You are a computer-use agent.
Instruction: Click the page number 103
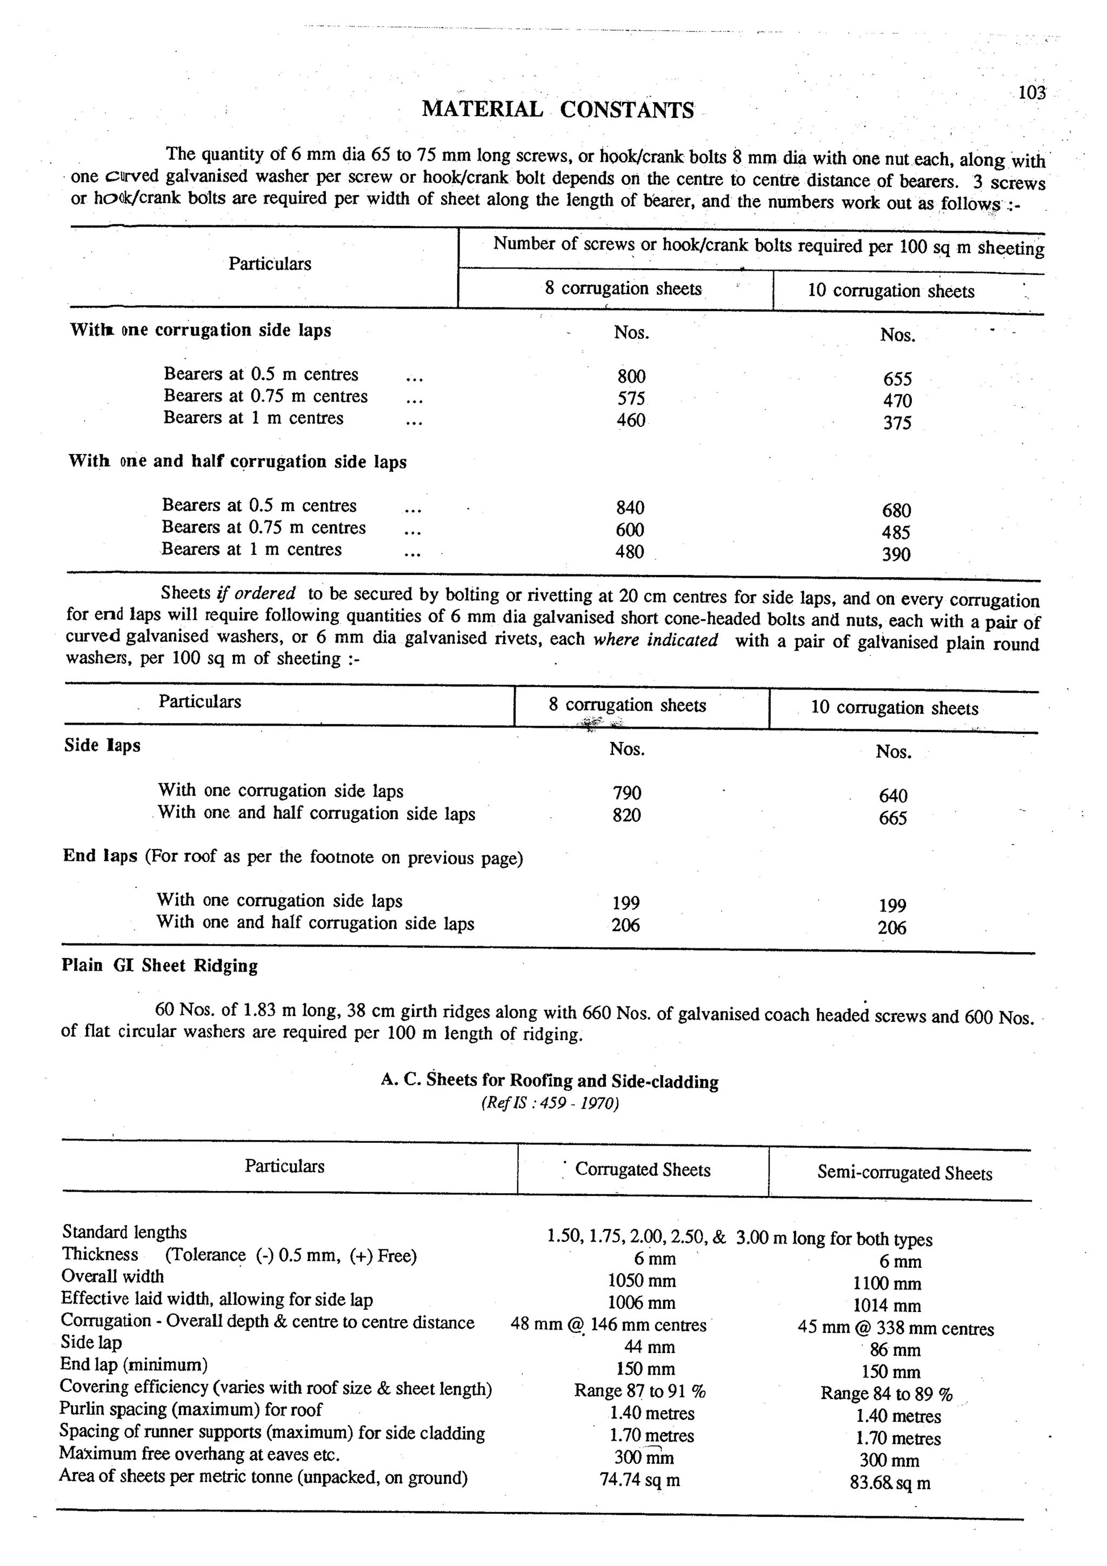coord(1031,93)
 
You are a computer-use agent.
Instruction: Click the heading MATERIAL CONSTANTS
coord(557,109)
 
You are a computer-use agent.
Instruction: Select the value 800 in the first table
coord(631,377)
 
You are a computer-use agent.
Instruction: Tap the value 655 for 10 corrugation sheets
coord(897,379)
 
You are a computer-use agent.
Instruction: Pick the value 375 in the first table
coord(897,423)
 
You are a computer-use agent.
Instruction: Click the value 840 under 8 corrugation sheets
coord(630,507)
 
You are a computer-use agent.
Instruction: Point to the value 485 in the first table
coord(896,532)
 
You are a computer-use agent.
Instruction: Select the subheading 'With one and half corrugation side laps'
coord(237,462)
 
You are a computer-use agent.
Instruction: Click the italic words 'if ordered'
coord(256,593)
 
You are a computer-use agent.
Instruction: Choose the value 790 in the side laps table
coord(627,793)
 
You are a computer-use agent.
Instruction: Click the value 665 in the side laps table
coord(893,818)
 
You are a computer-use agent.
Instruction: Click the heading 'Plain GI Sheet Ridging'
coord(159,966)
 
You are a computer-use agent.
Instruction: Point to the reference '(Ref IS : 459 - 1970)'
coord(550,1103)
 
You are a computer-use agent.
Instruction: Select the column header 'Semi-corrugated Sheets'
coord(904,1173)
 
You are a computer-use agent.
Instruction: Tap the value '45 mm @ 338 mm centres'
coord(896,1328)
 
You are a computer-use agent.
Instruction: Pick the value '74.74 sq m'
coord(640,1480)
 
